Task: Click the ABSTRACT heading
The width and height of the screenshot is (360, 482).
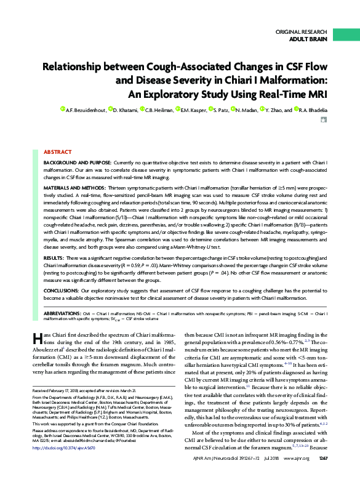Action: coord(58,151)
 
